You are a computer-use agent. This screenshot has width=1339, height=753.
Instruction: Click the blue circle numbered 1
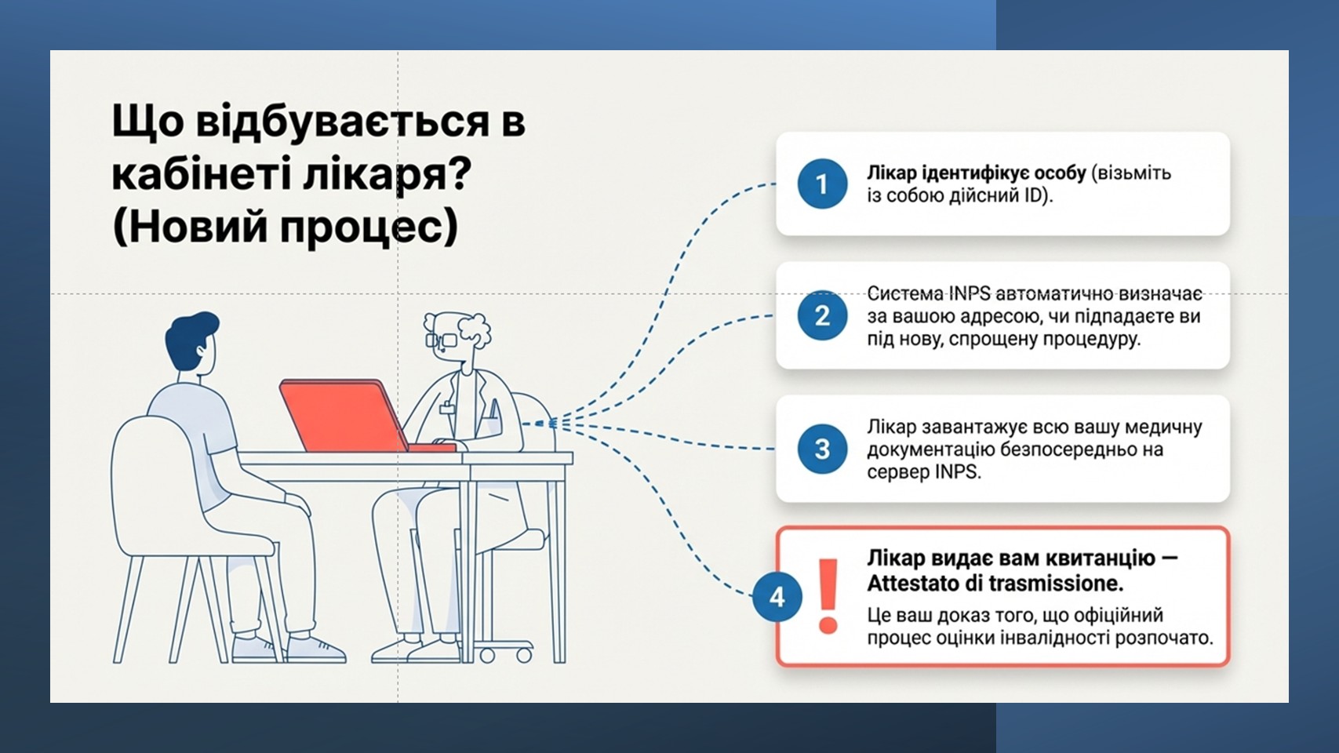tap(822, 184)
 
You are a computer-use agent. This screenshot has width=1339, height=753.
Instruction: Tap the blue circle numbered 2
tap(822, 315)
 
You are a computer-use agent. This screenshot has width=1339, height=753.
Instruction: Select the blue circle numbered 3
tap(822, 449)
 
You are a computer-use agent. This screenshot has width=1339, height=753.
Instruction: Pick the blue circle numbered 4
tap(777, 596)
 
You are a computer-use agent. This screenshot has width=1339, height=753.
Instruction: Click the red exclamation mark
tap(828, 596)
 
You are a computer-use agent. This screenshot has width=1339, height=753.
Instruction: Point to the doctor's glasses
tap(441, 340)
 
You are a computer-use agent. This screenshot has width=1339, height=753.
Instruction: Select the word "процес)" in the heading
tap(369, 227)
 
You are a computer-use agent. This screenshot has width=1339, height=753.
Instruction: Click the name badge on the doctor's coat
tap(446, 408)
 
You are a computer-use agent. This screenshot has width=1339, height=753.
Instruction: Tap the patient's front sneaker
tap(316, 650)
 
